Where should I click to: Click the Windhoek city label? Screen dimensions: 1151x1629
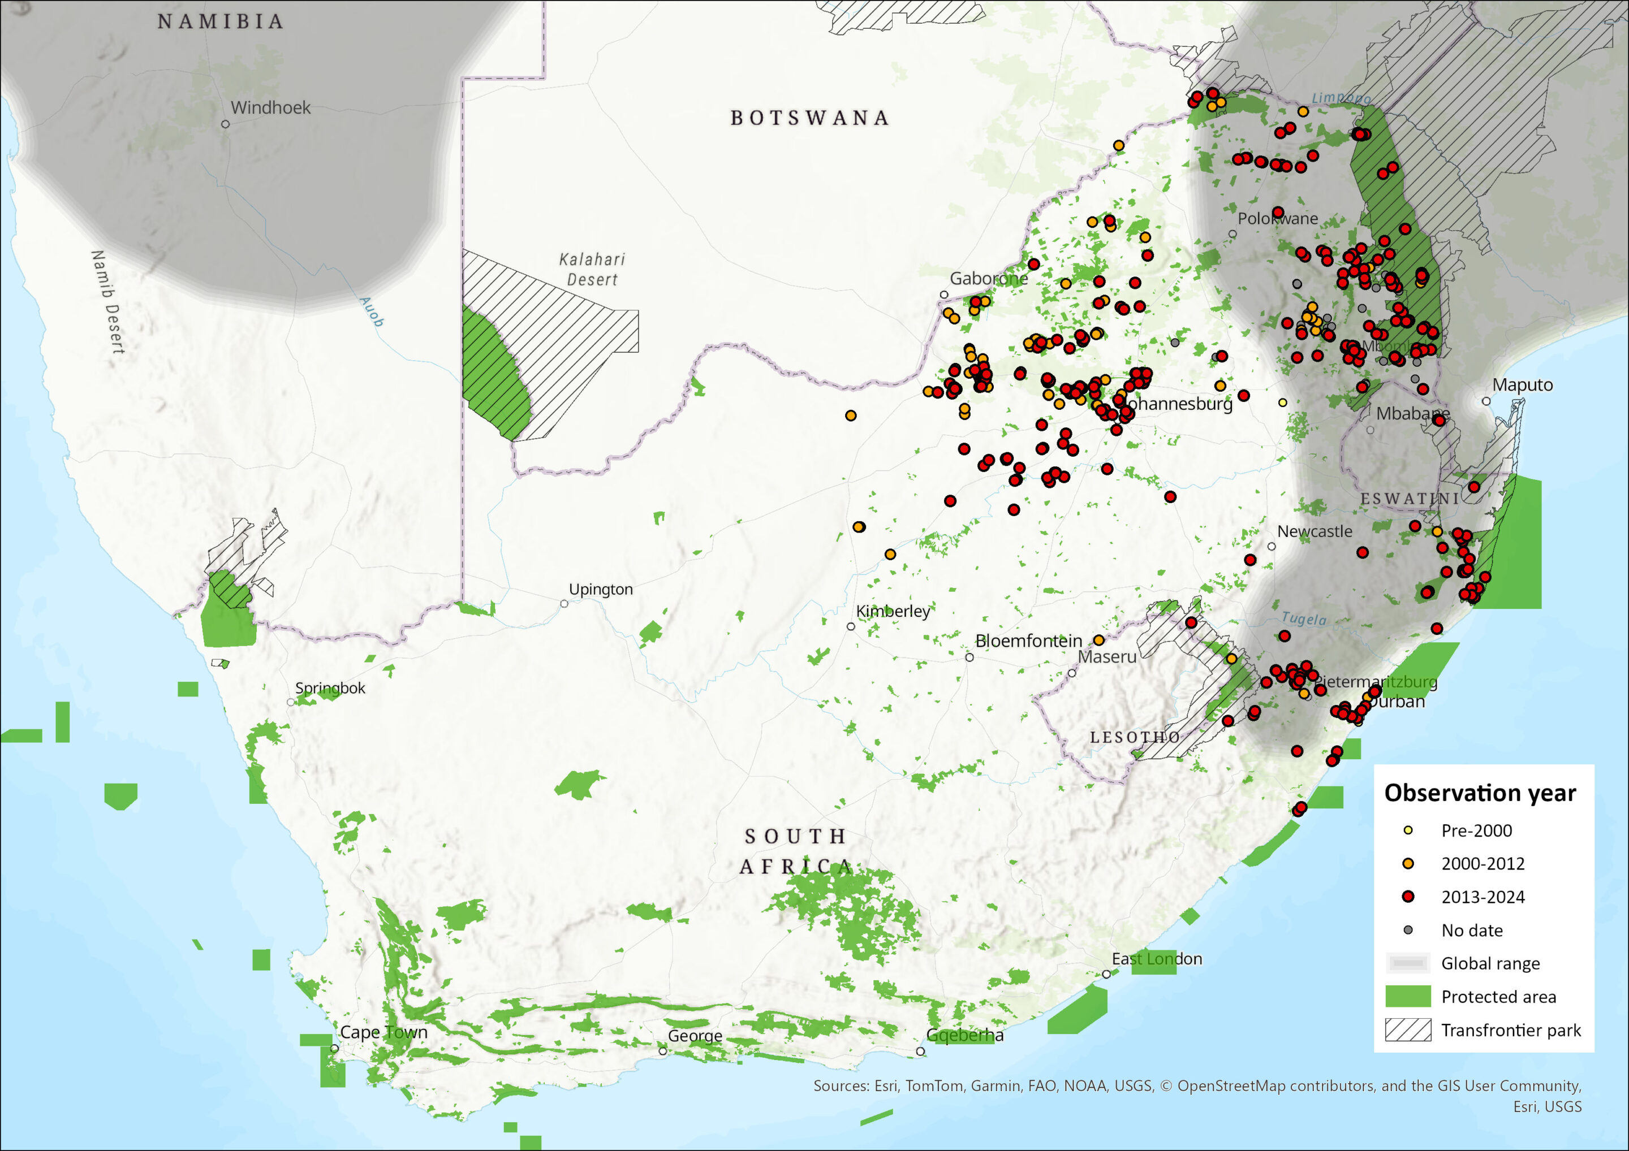coord(270,108)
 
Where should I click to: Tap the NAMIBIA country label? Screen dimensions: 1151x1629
coord(221,22)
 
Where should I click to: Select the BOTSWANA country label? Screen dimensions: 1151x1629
coord(809,118)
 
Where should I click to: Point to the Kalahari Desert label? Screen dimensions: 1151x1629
coord(592,270)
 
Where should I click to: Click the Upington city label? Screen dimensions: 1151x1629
coord(600,589)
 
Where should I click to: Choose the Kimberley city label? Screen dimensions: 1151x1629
coord(893,611)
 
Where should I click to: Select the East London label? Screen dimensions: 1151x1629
coord(1157,959)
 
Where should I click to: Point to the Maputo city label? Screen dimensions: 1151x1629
coord(1523,385)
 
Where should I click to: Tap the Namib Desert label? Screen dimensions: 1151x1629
coord(108,302)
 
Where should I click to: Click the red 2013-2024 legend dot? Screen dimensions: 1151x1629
coord(1408,897)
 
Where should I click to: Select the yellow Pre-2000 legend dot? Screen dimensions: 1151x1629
coord(1408,830)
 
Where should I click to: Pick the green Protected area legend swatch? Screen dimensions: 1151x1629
coord(1408,997)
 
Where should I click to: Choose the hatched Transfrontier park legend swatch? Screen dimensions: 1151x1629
coord(1408,1029)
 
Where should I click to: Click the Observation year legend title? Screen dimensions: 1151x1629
coord(1480,793)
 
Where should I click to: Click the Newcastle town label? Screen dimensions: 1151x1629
coord(1315,531)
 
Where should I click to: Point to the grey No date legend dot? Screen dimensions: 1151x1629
coord(1408,930)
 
